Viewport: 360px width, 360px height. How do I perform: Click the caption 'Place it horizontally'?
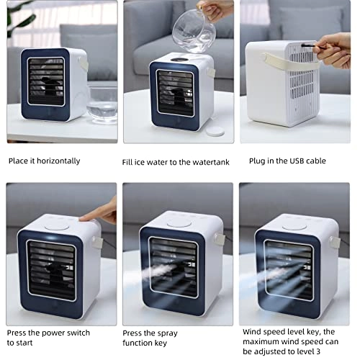click(x=44, y=161)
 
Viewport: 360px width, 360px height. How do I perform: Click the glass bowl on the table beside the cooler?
click(x=102, y=100)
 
